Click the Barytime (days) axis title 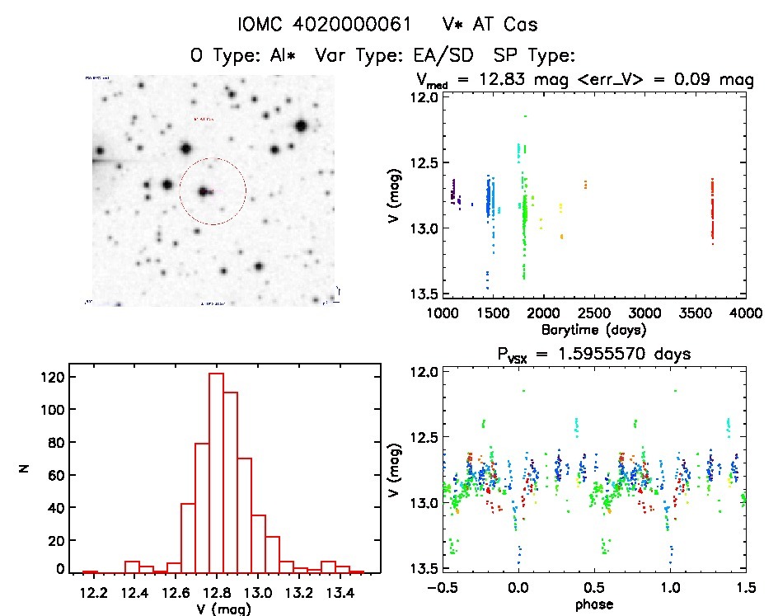pyautogui.click(x=593, y=329)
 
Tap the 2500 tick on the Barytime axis pyautogui.click(x=593, y=313)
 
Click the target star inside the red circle pyautogui.click(x=203, y=191)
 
